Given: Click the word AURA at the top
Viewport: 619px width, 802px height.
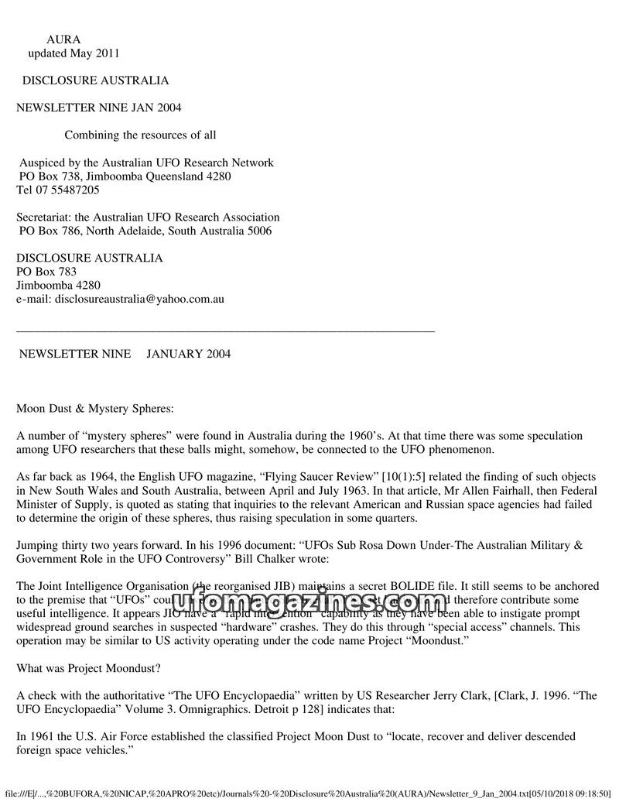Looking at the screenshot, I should (x=63, y=39).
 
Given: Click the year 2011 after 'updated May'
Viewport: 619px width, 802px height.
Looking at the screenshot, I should (x=105, y=53).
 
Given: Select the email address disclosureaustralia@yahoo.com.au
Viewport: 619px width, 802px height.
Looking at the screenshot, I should (x=139, y=298).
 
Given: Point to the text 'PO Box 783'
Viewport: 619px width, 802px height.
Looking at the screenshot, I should (x=46, y=272).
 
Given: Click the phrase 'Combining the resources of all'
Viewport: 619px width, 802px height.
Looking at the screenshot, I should (x=140, y=135).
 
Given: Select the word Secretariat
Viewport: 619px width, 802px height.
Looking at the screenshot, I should (x=44, y=218).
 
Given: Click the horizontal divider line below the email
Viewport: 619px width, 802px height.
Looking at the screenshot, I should (x=225, y=331).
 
